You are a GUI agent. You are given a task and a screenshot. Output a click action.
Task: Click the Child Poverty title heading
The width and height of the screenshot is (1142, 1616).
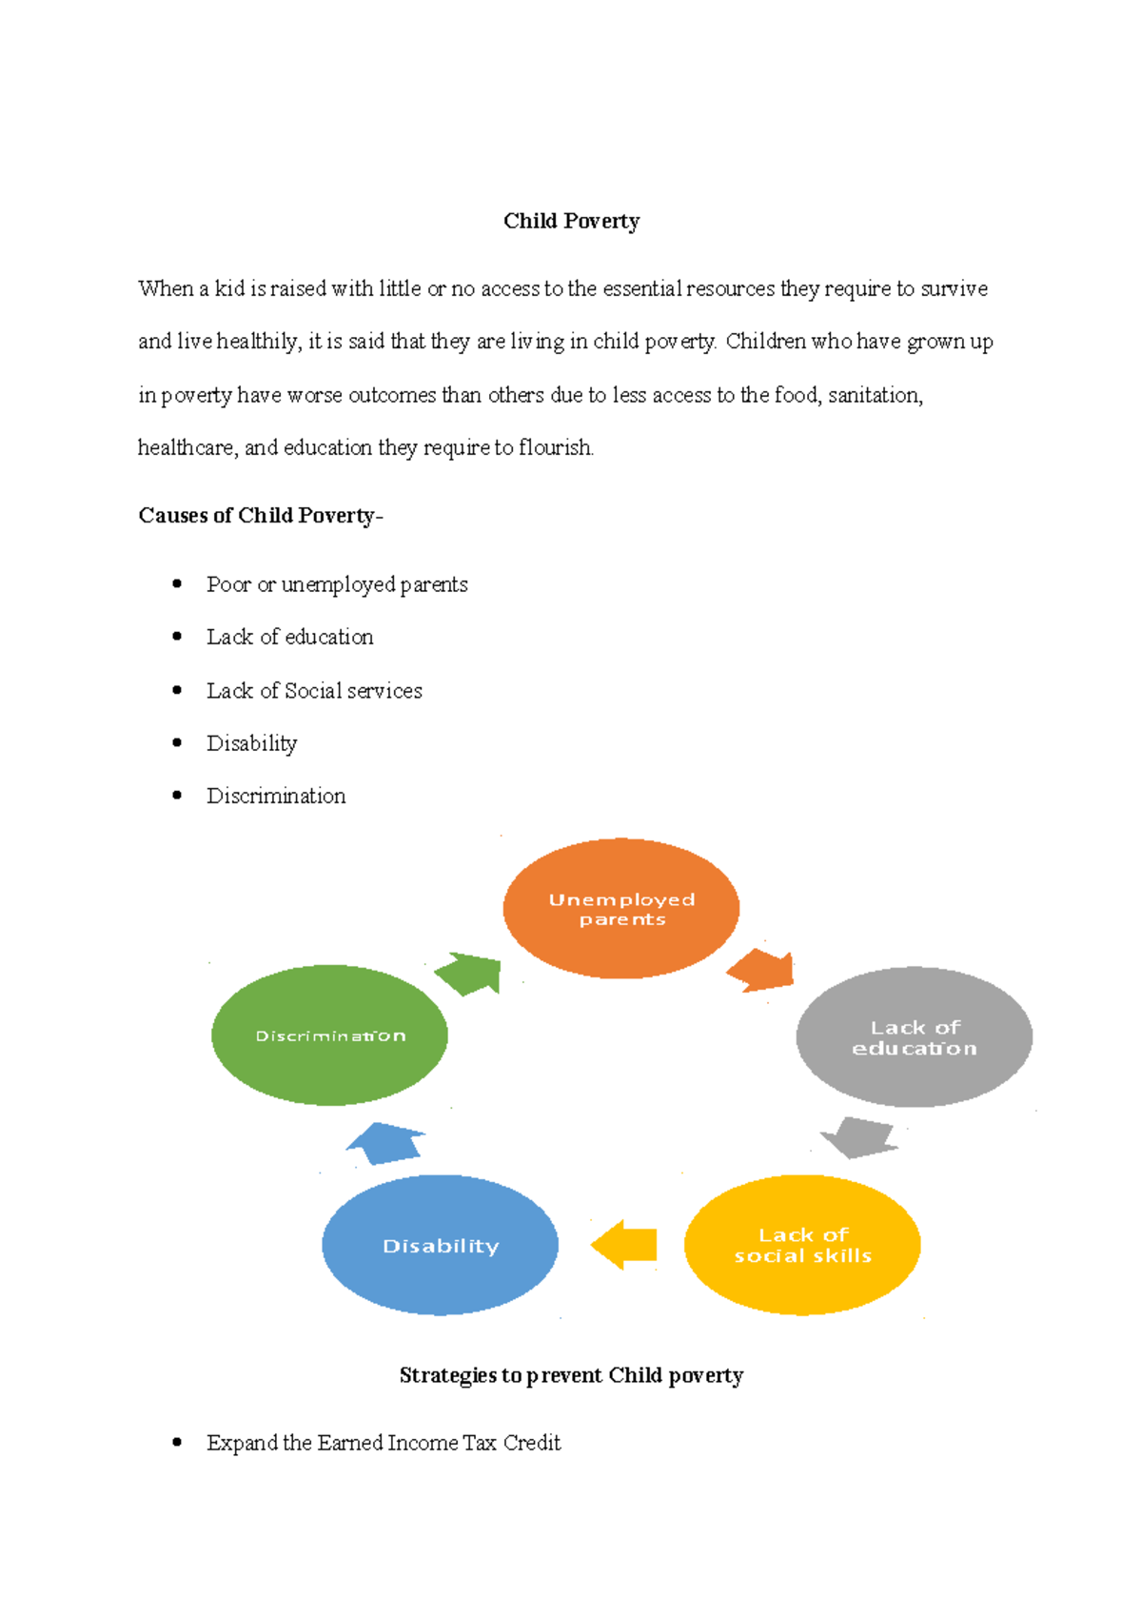point(571,221)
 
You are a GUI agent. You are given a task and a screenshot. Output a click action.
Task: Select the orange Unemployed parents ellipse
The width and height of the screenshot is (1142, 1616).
point(621,908)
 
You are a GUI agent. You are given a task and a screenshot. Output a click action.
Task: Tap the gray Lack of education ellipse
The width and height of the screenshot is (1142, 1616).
point(914,1036)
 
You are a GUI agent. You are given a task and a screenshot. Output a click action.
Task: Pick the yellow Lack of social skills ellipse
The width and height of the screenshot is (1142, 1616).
point(802,1245)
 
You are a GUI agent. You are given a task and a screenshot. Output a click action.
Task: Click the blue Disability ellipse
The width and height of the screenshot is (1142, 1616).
point(440,1245)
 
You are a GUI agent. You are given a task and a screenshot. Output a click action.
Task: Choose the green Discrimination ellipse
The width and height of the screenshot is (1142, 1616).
point(329,1035)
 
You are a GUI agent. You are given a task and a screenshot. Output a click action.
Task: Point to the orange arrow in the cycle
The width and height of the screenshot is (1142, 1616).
point(762,971)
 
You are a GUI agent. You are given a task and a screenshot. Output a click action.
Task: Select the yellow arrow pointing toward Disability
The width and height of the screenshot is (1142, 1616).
point(624,1245)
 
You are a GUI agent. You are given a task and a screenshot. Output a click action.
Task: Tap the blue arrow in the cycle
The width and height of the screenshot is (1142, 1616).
point(386,1143)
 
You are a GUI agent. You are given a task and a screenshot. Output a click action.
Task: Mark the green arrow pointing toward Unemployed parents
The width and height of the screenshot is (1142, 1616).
point(469,974)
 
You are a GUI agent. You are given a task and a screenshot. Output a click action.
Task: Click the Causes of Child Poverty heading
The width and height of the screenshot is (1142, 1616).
point(261,515)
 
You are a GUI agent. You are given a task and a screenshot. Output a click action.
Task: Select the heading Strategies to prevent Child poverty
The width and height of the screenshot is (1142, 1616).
point(571,1375)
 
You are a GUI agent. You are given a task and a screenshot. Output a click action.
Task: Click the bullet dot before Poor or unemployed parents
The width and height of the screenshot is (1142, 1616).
point(177,583)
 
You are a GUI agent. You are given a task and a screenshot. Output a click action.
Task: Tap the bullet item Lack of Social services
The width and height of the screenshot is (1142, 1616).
point(315,690)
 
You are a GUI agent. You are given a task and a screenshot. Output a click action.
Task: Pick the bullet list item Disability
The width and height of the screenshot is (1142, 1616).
point(252,744)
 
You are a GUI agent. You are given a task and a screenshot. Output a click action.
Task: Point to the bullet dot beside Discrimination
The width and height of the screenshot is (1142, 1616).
point(177,796)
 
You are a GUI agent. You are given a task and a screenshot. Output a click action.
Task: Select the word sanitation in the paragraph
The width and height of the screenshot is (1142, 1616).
point(876,395)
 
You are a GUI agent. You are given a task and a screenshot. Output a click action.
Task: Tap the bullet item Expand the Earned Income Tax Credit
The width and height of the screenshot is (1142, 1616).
point(384,1443)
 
